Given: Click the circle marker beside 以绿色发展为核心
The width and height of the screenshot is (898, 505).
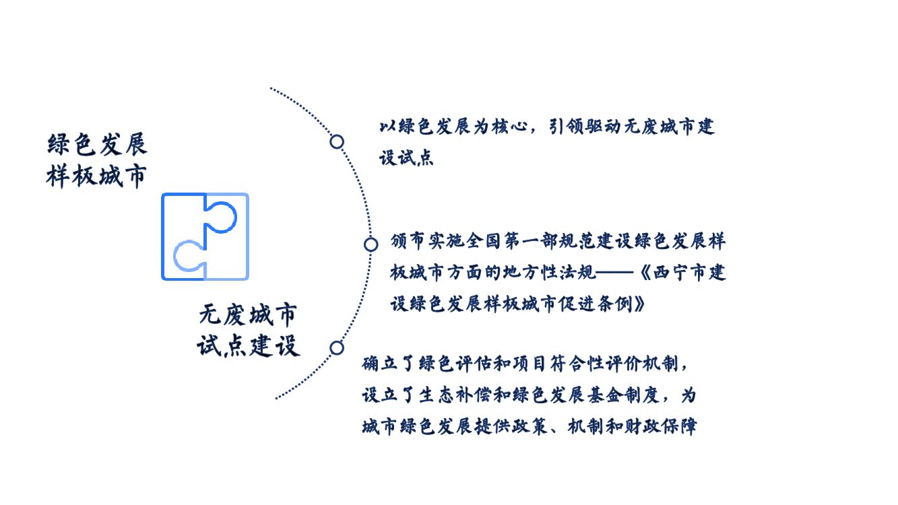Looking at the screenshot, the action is coord(337,141).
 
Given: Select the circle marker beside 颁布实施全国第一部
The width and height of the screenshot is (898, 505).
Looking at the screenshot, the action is coord(371,244).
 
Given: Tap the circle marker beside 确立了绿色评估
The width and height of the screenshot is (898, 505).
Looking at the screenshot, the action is coord(337,347).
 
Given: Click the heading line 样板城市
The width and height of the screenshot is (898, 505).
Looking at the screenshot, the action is coord(96,176).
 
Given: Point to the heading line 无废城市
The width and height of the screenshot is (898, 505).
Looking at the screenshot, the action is coord(248,315).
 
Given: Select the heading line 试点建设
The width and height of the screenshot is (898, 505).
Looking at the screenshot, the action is coord(248,346).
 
